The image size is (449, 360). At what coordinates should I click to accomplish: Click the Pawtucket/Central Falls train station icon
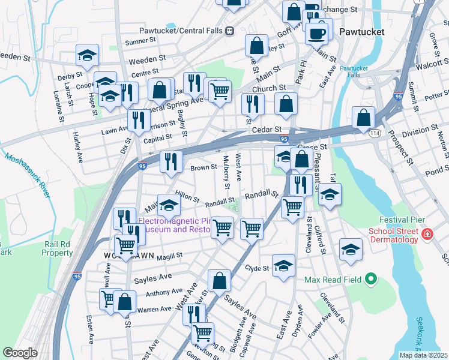click(x=229, y=31)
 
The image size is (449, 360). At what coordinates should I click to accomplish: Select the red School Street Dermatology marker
click(x=427, y=234)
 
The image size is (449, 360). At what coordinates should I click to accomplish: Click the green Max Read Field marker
click(x=370, y=279)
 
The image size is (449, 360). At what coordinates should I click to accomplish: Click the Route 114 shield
click(x=375, y=133)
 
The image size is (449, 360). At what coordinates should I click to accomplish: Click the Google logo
click(x=19, y=353)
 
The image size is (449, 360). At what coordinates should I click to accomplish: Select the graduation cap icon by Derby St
click(x=88, y=56)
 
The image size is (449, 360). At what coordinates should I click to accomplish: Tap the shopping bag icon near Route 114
click(x=364, y=118)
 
